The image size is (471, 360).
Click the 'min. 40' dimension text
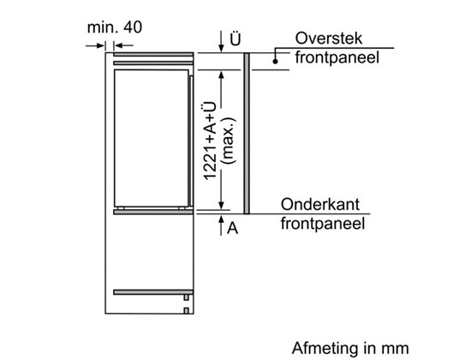[115, 27]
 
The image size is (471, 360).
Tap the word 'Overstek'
[329, 39]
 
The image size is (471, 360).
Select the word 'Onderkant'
[320, 205]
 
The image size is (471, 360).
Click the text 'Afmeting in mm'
[350, 348]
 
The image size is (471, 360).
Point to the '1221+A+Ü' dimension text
[210, 141]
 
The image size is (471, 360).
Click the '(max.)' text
[228, 141]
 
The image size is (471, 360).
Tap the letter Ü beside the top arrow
[235, 39]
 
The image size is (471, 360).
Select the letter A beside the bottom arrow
[232, 228]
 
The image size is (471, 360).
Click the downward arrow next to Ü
[222, 41]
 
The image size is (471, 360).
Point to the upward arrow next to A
[222, 225]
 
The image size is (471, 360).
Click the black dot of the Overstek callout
[275, 62]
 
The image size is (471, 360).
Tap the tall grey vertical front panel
[247, 134]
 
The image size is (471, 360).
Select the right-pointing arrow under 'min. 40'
[95, 45]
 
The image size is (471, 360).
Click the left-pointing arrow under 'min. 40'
[124, 45]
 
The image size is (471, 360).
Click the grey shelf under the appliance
[153, 212]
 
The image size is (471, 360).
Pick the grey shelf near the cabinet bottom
[153, 292]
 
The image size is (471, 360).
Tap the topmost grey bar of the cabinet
[153, 55]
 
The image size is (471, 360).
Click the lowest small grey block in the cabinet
[186, 310]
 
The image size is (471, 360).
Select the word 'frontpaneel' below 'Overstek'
[337, 57]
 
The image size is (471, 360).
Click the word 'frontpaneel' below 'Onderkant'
[323, 224]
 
